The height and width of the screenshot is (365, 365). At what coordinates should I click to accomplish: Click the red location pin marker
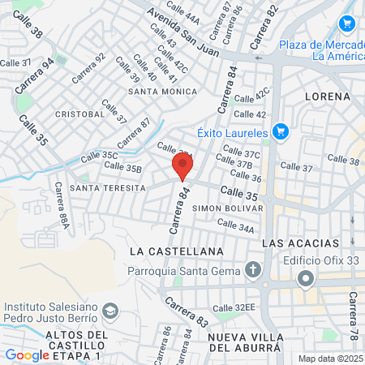[x=182, y=166]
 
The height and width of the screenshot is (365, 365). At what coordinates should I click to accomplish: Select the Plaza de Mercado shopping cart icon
[x=347, y=24]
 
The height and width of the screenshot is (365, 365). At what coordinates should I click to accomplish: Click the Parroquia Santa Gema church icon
[x=253, y=270]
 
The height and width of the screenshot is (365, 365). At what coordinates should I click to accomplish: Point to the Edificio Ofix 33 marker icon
[x=305, y=280]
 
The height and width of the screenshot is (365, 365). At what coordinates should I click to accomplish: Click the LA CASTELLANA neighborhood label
[x=176, y=252]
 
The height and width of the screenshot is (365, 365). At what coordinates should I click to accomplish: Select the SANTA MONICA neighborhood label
[x=162, y=93]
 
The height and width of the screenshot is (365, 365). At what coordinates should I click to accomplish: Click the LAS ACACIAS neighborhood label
[x=300, y=243]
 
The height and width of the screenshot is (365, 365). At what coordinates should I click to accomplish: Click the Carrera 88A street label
[x=61, y=205]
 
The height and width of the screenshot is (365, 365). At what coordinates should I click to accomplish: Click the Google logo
[x=27, y=355]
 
